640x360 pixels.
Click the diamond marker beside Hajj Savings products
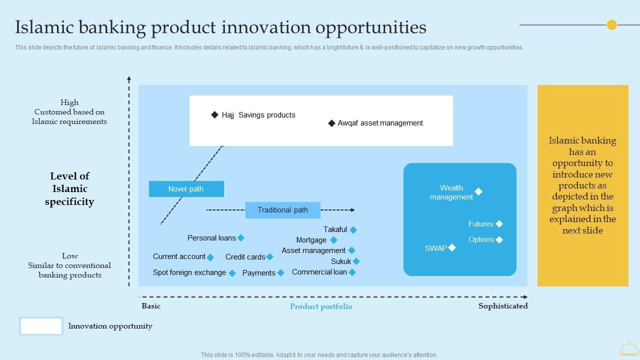coord(214,115)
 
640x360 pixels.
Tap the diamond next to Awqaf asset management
coord(331,123)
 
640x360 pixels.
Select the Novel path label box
coord(186,189)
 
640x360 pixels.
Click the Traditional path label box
coord(283,210)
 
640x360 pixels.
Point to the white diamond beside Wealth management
coord(478,191)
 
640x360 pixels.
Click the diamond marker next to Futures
coord(499,223)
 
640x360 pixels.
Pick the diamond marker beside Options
coord(499,239)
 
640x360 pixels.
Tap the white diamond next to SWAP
coord(452,247)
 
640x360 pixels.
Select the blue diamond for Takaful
coord(353,229)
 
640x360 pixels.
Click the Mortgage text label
coord(311,240)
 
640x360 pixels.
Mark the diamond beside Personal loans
coord(241,237)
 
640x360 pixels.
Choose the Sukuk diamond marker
coord(356,261)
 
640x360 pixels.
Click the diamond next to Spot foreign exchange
coord(232,273)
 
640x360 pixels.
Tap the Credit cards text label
coord(245,257)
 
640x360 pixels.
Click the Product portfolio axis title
coord(321,306)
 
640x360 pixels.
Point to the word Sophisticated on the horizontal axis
coord(503,306)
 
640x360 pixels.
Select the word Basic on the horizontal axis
coord(151,306)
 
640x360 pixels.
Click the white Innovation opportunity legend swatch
coord(41,325)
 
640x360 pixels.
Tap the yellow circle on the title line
coord(611,25)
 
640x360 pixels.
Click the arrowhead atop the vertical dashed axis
coord(129,78)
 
